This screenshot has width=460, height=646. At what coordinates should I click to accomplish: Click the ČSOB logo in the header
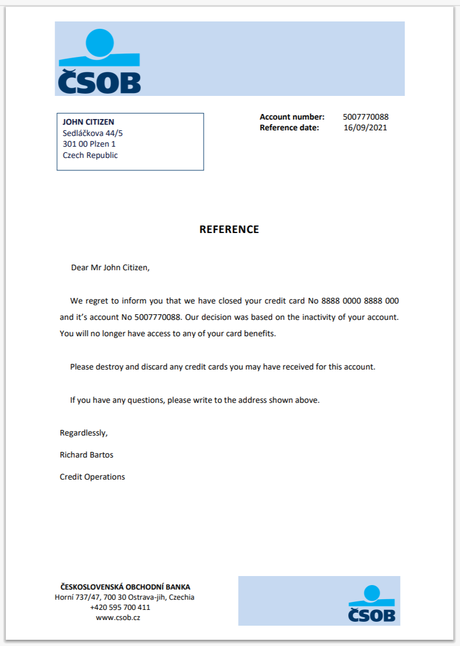pyautogui.click(x=99, y=61)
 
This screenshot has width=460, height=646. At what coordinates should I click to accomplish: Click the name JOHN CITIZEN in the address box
pyautogui.click(x=88, y=122)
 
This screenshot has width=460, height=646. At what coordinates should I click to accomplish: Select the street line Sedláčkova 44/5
pyautogui.click(x=93, y=133)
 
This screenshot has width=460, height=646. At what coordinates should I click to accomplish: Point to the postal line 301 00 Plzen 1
pyautogui.click(x=89, y=144)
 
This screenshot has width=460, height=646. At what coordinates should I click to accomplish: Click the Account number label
pyautogui.click(x=292, y=117)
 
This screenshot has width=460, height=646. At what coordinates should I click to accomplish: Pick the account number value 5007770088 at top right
pyautogui.click(x=366, y=117)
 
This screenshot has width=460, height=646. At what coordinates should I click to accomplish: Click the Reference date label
pyautogui.click(x=289, y=128)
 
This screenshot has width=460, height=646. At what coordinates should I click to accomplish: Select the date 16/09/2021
pyautogui.click(x=366, y=128)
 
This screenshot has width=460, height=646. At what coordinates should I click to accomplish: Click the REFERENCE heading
pyautogui.click(x=229, y=230)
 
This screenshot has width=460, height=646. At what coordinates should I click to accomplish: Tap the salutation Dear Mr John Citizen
pyautogui.click(x=111, y=267)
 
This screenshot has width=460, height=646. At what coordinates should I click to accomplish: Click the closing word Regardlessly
pyautogui.click(x=84, y=433)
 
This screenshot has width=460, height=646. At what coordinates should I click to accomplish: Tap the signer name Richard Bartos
pyautogui.click(x=82, y=455)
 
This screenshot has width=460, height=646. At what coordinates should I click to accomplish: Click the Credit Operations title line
pyautogui.click(x=93, y=477)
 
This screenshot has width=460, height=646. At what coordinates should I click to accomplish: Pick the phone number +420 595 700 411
pyautogui.click(x=120, y=608)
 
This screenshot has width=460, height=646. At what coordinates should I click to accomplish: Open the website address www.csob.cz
pyautogui.click(x=118, y=618)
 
